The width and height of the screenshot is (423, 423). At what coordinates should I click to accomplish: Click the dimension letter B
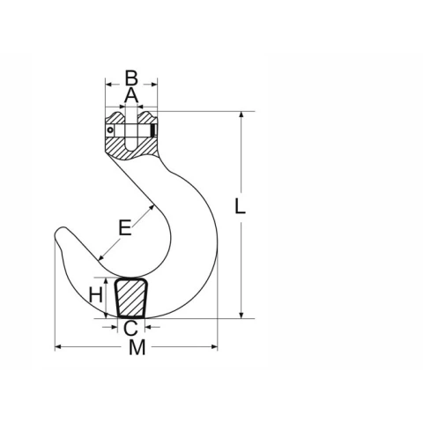pos(131,78)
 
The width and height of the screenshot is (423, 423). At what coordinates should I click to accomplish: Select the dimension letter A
pos(131,95)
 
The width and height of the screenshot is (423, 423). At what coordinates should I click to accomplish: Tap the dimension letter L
pos(240,205)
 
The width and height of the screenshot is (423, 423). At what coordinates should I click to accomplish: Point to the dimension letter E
pos(125,227)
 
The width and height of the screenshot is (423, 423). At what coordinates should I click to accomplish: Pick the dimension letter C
pos(130,328)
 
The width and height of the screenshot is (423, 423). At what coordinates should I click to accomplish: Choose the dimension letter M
pos(137,347)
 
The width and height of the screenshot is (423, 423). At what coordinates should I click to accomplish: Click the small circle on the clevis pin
pos(110,130)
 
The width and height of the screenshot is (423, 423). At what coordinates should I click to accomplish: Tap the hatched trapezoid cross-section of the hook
pos(131,298)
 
